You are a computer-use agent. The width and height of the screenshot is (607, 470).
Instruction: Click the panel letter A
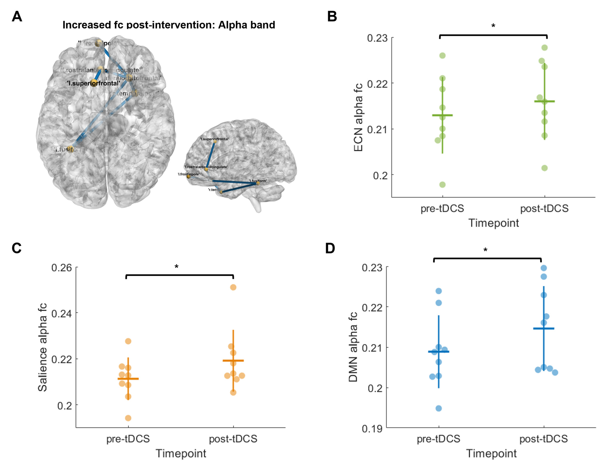coord(17,17)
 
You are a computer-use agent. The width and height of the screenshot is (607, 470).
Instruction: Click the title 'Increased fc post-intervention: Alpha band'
coord(169,25)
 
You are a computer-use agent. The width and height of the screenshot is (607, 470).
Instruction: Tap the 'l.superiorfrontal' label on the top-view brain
coord(94,83)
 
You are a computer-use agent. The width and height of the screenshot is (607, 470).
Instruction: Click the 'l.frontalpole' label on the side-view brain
coord(188,174)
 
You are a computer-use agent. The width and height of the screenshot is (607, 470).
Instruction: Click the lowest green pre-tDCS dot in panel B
coord(442,185)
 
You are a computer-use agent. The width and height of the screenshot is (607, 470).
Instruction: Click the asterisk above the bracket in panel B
coord(493,26)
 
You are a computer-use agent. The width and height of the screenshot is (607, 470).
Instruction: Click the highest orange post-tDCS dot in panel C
coord(233,287)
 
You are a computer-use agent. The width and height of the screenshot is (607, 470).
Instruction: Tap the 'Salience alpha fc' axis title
coord(42,347)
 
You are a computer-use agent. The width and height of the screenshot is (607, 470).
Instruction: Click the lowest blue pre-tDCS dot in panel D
coord(439,408)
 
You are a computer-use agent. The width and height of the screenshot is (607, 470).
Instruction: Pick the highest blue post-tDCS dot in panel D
coord(544,268)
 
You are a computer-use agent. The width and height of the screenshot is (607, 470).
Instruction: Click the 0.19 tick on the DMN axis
coord(372,429)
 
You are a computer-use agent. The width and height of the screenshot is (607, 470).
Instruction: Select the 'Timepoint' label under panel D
coord(491,453)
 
